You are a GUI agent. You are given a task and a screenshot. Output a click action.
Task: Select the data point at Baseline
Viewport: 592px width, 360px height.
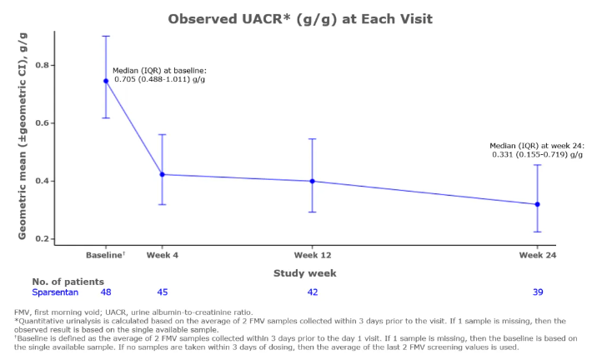click(106, 81)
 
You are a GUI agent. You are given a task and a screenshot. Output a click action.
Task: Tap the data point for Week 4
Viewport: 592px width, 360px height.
click(162, 174)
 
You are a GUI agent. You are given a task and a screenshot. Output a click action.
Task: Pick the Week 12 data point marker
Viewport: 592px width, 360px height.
click(312, 181)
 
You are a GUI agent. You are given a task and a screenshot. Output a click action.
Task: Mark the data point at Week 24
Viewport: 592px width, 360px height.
click(537, 204)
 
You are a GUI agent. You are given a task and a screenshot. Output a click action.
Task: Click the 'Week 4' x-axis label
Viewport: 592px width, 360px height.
click(162, 253)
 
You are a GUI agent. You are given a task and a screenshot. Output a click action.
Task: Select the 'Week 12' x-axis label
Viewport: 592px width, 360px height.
click(312, 253)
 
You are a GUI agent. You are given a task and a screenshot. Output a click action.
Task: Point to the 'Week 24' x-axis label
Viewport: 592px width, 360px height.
click(537, 253)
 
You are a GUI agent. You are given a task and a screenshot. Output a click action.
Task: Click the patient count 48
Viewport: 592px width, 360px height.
click(106, 292)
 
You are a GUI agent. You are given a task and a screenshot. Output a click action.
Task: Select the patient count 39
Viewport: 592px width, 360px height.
click(537, 292)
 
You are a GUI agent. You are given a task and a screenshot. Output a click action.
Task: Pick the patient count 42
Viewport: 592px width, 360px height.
click(312, 292)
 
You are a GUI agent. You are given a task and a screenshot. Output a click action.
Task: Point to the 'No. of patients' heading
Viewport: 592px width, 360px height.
click(68, 282)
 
